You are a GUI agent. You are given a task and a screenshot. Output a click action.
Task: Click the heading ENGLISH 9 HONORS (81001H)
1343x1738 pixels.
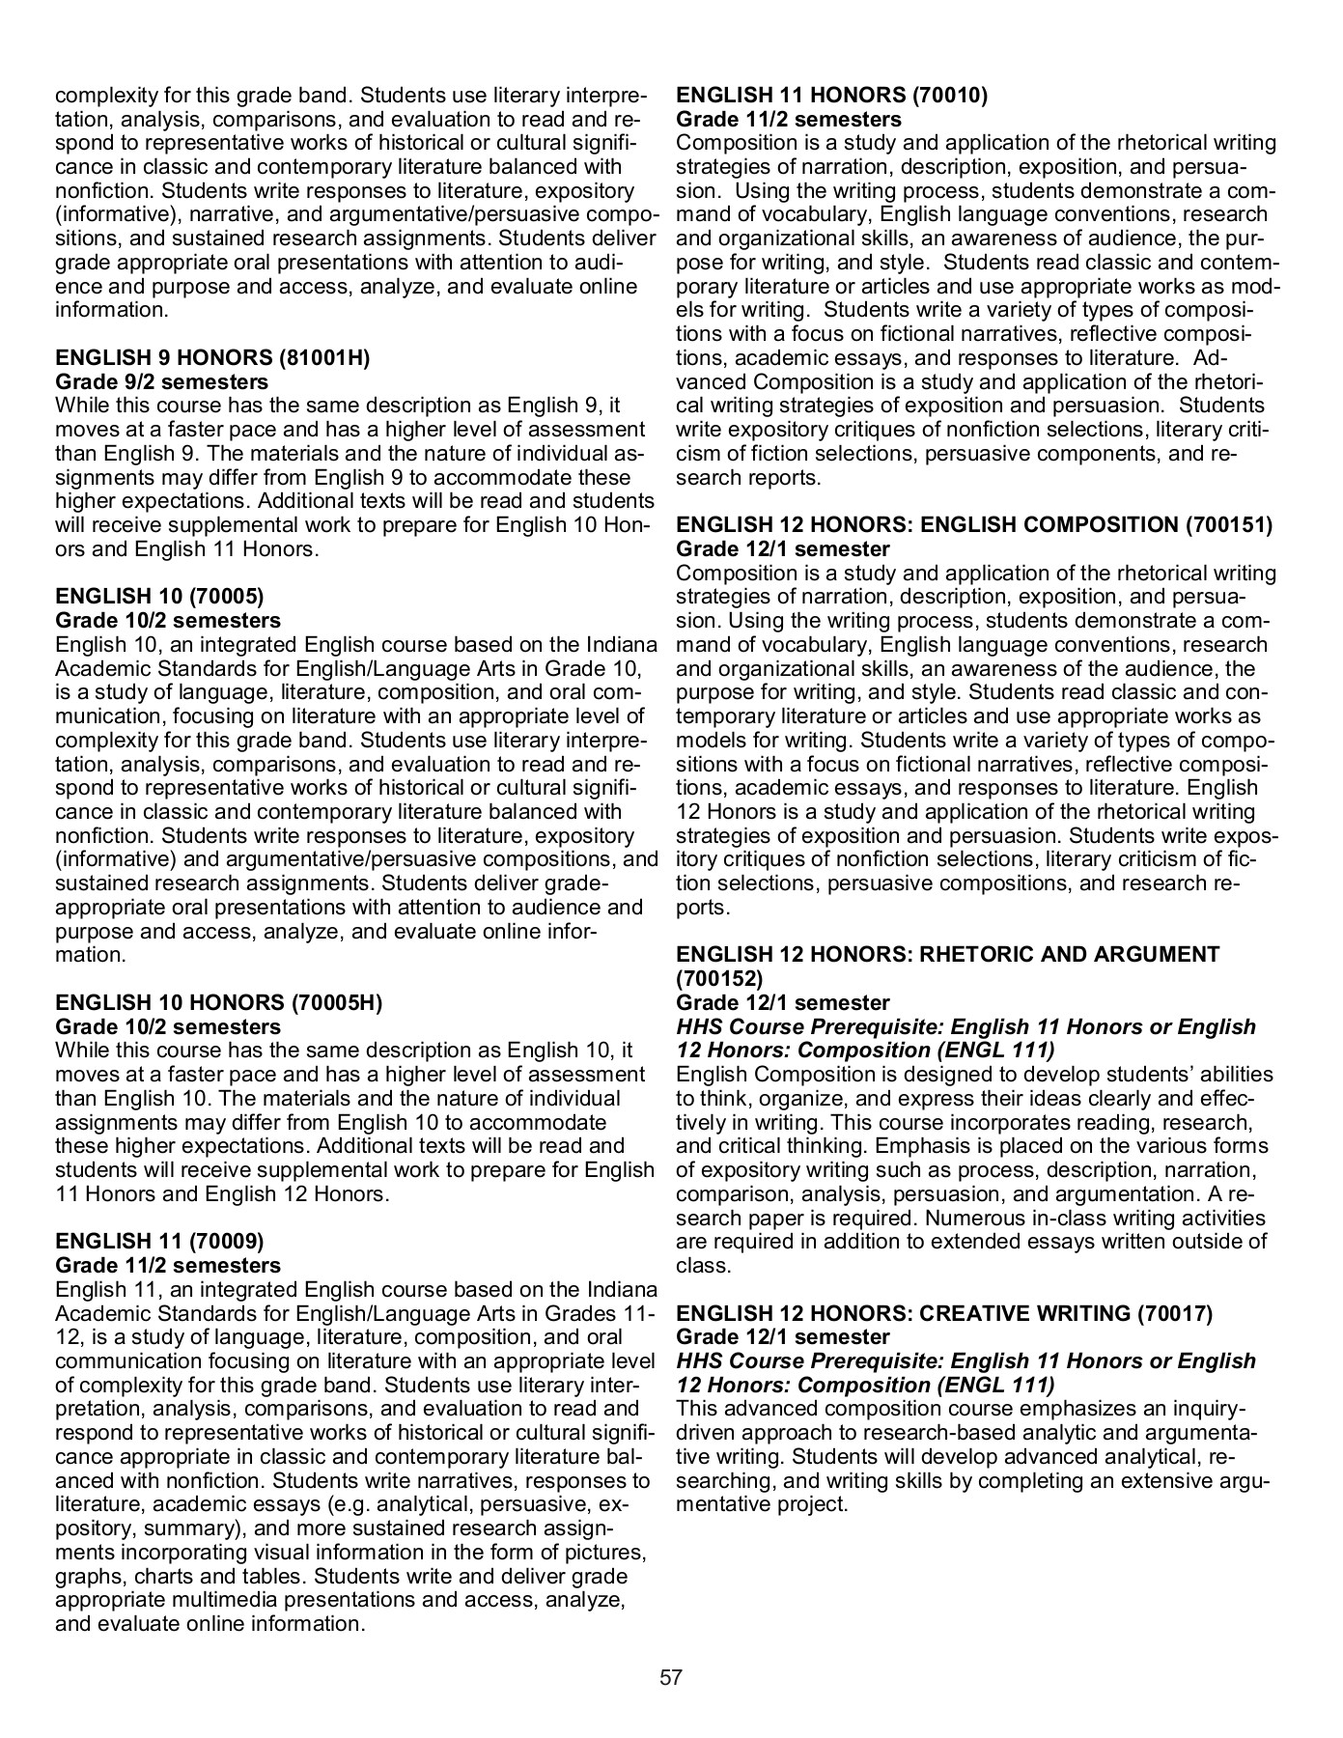point(212,358)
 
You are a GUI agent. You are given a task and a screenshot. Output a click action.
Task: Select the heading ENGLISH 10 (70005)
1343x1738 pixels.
point(159,597)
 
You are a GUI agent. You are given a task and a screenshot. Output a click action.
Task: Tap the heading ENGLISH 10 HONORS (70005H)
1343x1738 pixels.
point(219,1003)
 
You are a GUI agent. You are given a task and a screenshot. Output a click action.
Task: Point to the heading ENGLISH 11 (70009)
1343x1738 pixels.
point(159,1242)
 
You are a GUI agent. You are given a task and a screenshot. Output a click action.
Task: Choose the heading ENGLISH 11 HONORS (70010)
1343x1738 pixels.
point(832,96)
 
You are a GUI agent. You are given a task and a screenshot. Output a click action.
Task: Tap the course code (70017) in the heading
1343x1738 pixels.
point(1175,1313)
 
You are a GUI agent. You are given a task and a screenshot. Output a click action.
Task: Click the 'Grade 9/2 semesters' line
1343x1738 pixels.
point(162,382)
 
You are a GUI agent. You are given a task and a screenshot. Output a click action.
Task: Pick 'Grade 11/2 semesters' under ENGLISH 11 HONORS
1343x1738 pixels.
point(789,120)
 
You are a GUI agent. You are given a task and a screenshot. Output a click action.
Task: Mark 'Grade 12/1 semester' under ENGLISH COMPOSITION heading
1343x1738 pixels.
point(783,549)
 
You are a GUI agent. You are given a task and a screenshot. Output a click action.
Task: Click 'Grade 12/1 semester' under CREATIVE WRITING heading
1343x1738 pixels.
point(783,1337)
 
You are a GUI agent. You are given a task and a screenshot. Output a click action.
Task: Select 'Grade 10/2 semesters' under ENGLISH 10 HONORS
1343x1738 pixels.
point(168,1026)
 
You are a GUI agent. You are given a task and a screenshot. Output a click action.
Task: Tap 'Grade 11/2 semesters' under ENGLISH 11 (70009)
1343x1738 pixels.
point(168,1266)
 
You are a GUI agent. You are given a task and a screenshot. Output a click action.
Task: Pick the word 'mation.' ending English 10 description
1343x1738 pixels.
point(91,956)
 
